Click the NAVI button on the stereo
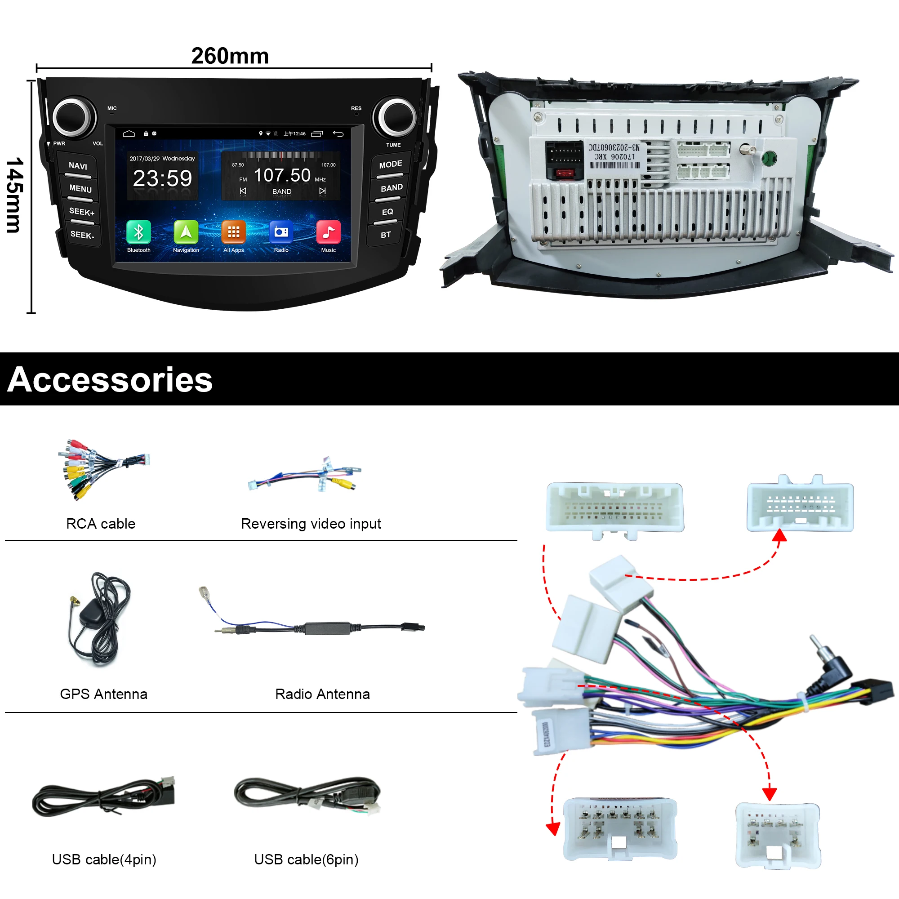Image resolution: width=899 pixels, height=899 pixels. click(x=78, y=166)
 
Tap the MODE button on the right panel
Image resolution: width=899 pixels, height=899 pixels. click(x=390, y=165)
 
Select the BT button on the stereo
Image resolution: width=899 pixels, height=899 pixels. click(x=385, y=235)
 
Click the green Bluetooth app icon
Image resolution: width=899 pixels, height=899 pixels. click(x=138, y=232)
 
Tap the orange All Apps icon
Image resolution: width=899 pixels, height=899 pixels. click(x=233, y=232)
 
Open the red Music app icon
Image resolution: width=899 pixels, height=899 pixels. click(x=328, y=232)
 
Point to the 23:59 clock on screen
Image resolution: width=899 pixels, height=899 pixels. click(x=162, y=178)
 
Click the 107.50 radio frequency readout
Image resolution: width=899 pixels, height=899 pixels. click(x=282, y=175)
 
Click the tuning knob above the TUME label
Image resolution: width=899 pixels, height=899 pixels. click(x=396, y=117)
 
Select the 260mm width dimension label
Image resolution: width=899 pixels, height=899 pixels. click(x=230, y=56)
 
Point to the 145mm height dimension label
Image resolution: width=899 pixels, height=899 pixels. click(x=15, y=196)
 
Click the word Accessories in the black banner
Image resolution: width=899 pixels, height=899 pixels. click(x=110, y=380)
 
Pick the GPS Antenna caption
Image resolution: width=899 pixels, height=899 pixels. click(x=103, y=694)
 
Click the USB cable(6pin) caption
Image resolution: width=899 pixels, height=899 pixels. click(x=306, y=859)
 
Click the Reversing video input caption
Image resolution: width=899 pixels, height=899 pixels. click(x=311, y=524)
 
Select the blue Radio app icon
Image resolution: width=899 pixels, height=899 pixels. click(x=281, y=232)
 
